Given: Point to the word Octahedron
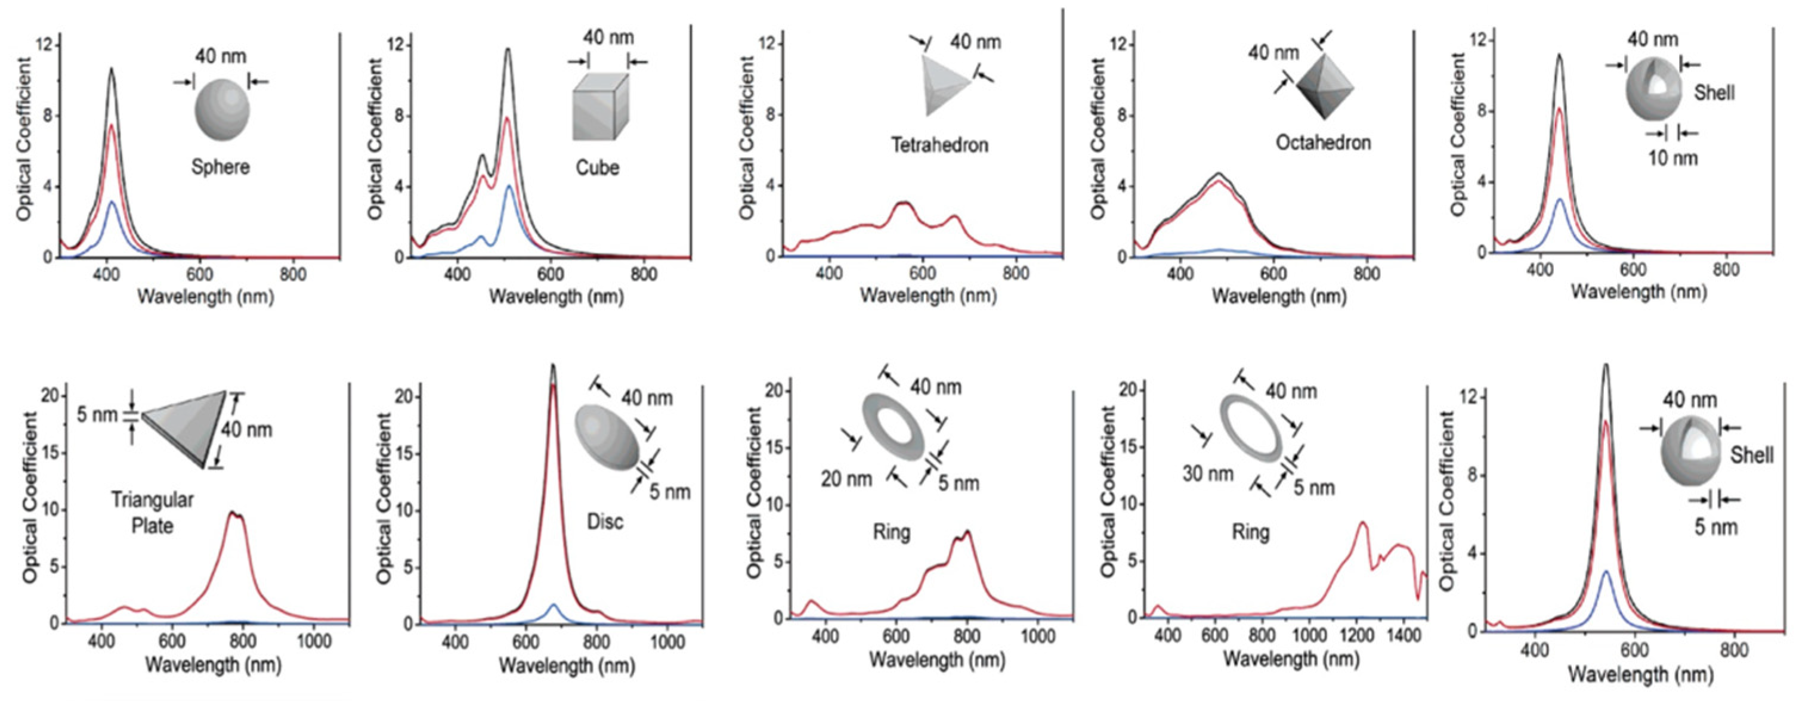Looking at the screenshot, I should pyautogui.click(x=1322, y=143).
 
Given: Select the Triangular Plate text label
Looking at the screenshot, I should pyautogui.click(x=152, y=512).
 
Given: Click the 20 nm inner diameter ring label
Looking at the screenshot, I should pyautogui.click(x=846, y=479).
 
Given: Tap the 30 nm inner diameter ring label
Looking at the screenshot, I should pyautogui.click(x=1207, y=474).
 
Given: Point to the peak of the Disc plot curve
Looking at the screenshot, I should pyautogui.click(x=553, y=366).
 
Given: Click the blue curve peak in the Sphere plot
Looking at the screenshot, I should pyautogui.click(x=112, y=202).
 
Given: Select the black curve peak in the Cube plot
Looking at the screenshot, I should pyautogui.click(x=508, y=49).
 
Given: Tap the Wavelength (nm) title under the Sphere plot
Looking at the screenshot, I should pyautogui.click(x=206, y=297).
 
